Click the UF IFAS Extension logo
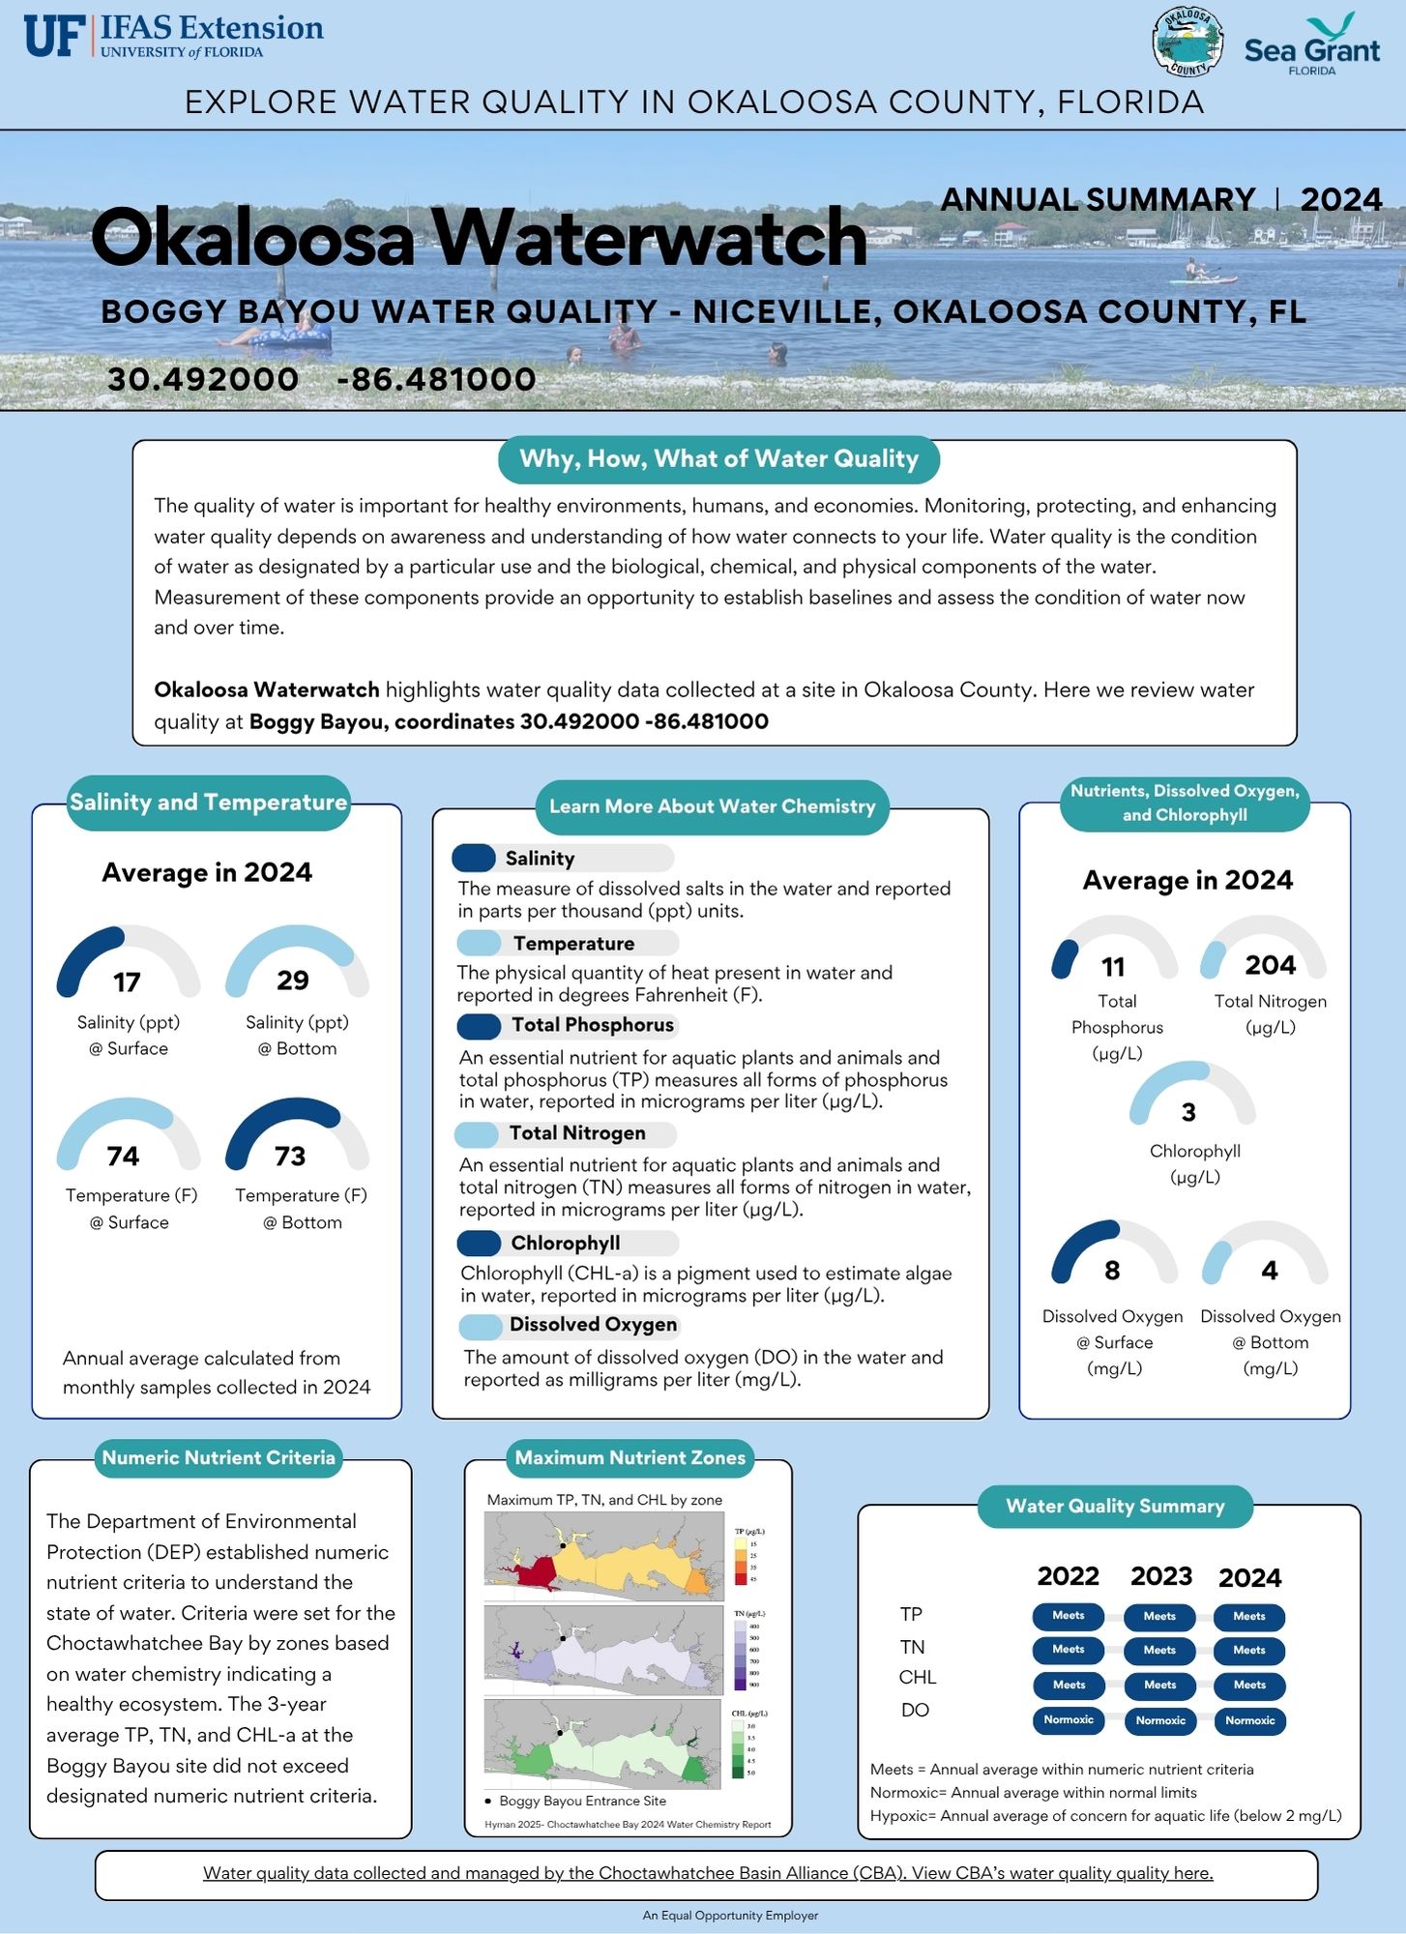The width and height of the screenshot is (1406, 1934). point(174,36)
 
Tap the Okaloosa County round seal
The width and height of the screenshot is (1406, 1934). point(1187,43)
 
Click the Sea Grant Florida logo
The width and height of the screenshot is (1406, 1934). point(1311,45)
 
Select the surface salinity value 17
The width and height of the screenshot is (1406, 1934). point(127,982)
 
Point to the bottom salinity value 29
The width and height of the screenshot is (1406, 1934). point(293,981)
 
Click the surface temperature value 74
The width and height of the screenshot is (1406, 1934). point(123,1156)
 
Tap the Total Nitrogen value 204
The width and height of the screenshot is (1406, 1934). point(1270,965)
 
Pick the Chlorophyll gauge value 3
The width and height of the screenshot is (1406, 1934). point(1188,1113)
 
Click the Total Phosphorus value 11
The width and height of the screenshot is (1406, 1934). point(1113,967)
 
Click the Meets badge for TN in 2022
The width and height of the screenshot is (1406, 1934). point(1069,1650)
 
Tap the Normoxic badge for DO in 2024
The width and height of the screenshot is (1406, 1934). point(1249,1721)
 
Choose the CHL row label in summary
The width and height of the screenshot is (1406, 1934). point(917,1678)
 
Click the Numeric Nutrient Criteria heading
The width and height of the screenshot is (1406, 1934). point(219,1458)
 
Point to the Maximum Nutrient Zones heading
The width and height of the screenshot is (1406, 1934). point(630,1458)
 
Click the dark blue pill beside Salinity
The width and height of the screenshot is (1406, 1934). point(474,858)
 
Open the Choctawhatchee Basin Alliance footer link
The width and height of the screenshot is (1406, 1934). point(708,1874)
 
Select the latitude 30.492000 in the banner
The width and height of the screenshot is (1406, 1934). point(203,379)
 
